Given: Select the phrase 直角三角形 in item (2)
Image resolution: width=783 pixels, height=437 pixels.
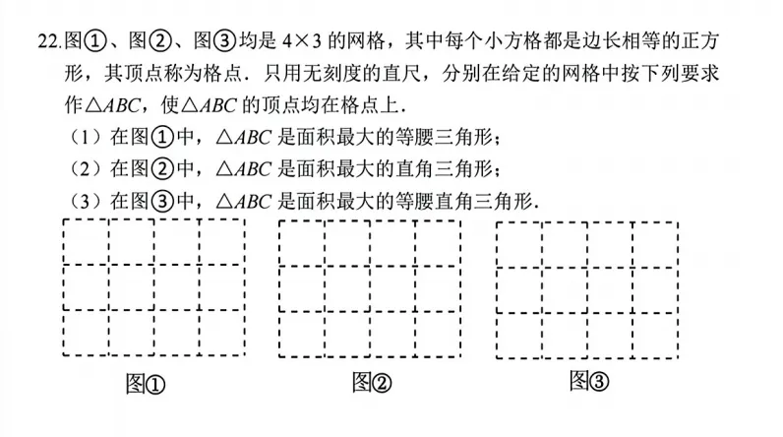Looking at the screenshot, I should click(438, 169).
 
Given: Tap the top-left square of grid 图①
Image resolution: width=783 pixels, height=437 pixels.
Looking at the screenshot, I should click(86, 242).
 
